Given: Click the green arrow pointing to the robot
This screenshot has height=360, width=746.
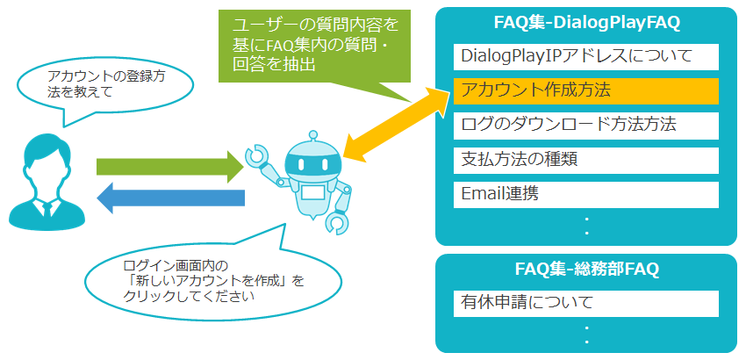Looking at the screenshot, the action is point(170,167).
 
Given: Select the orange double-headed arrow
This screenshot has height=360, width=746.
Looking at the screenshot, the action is point(398,123).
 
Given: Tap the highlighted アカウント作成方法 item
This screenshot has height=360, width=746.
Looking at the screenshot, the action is point(585,91).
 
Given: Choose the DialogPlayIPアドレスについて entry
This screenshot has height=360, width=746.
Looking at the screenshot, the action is point(585,57).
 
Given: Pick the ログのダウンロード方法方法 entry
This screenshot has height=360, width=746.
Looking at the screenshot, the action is point(585,126).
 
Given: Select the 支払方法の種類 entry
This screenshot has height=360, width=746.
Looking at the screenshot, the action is point(585,160).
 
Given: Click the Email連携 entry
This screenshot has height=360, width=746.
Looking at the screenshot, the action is point(585,194).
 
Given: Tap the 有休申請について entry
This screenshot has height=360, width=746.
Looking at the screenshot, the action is point(585,303).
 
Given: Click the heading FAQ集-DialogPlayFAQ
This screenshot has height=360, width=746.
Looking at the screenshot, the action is point(586,25).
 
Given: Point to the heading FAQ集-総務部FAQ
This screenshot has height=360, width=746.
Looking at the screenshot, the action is point(586,270).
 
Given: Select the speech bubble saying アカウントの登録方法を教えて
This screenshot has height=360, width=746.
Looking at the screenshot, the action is point(105,86).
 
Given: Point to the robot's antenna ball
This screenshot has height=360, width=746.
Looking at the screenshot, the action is point(312,135).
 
